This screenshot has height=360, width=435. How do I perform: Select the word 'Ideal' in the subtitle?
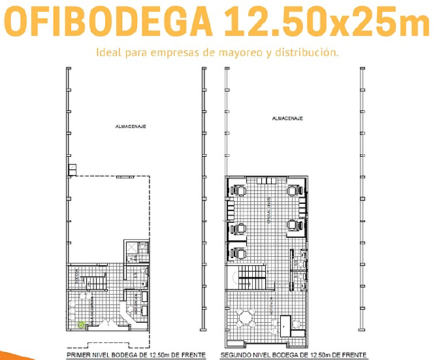pos(109,52)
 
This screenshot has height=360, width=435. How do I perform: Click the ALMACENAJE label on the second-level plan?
pos(288,118)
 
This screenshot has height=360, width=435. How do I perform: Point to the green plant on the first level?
pos(82,324)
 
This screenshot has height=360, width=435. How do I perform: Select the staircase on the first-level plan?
pos(97,282)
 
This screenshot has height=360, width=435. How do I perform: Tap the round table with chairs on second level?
pos(246,319)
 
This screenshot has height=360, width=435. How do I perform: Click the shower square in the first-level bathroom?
pos(131,249)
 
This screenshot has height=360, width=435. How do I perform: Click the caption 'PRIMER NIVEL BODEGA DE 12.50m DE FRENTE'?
pos(136,355)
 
